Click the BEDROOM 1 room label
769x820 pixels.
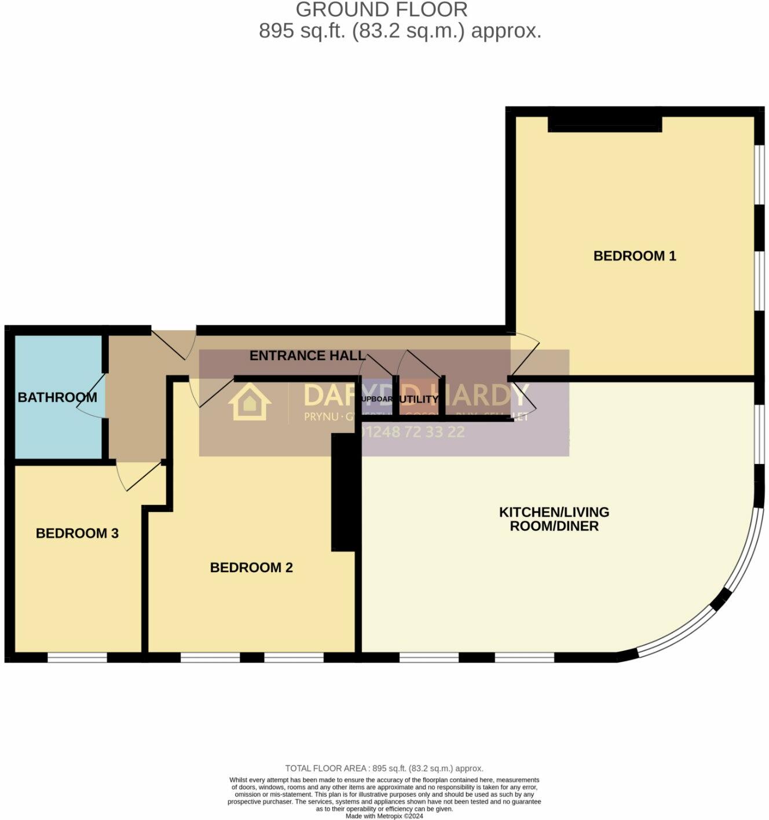click(635, 255)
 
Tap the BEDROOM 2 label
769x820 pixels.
click(251, 568)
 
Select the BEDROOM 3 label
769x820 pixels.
click(77, 533)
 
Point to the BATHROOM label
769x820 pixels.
click(57, 397)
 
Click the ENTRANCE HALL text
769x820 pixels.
click(307, 356)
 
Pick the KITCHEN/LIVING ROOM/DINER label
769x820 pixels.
click(554, 519)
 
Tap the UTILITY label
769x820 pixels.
click(419, 400)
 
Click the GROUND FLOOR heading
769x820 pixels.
click(382, 10)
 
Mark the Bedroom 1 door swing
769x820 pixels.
click(524, 353)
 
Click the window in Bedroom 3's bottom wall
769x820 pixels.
click(77, 657)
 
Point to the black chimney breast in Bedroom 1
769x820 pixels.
click(605, 120)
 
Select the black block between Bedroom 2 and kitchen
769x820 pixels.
click(346, 492)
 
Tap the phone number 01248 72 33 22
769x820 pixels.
click(412, 432)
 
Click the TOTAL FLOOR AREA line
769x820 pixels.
click(384, 768)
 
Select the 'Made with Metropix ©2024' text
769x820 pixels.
click(384, 816)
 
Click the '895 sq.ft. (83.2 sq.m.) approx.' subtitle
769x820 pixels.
click(400, 31)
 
